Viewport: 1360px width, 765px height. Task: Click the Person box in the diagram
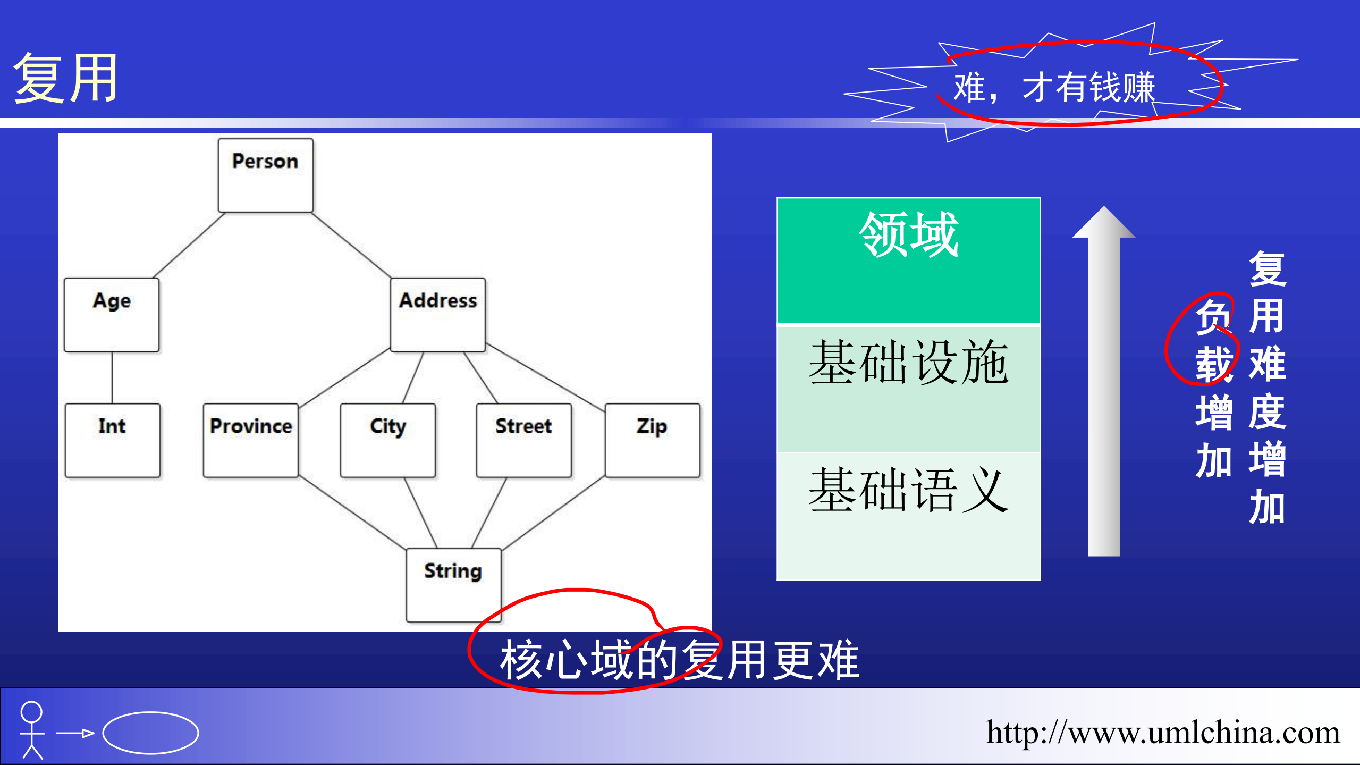(x=265, y=175)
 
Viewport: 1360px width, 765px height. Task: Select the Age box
(x=112, y=315)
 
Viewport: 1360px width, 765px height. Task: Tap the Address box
(x=438, y=315)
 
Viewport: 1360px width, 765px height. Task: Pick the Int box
(x=112, y=440)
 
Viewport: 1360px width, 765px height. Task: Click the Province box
(x=251, y=440)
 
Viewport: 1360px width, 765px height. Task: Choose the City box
(x=388, y=440)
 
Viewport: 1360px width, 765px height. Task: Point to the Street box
(x=524, y=440)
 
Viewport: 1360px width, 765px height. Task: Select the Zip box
(x=653, y=440)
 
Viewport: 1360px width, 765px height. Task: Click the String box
(x=453, y=585)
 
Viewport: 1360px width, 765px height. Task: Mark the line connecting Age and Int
(x=112, y=377)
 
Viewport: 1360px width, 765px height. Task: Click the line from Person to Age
(x=189, y=245)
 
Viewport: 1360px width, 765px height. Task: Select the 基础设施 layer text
(x=909, y=363)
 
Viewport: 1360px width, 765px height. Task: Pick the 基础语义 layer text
(x=909, y=490)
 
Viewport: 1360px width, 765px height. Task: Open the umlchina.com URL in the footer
(x=1163, y=733)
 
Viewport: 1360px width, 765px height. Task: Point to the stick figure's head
(x=31, y=712)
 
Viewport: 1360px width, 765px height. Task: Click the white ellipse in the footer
(x=151, y=733)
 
